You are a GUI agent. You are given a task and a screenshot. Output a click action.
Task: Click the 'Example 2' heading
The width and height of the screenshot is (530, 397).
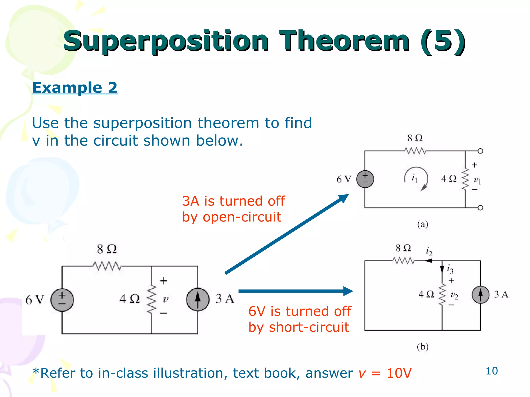(x=75, y=88)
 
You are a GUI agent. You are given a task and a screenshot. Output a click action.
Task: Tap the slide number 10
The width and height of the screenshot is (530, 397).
(x=491, y=371)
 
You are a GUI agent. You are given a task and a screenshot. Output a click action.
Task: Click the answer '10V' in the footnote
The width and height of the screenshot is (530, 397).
(x=399, y=373)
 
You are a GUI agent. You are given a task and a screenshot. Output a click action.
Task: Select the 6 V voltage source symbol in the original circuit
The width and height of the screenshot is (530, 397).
(x=62, y=300)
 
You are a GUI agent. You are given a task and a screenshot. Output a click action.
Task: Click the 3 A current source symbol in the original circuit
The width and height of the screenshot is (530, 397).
(x=198, y=300)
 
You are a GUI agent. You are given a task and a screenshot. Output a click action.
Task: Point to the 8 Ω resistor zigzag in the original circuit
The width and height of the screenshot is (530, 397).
(x=107, y=266)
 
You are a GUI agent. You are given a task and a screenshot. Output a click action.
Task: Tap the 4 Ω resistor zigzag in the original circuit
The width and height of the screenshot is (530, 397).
(x=152, y=299)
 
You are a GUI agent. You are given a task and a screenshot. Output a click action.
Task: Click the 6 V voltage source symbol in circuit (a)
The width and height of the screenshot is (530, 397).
(x=365, y=179)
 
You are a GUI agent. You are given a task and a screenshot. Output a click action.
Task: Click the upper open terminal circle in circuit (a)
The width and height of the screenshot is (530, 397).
(x=480, y=151)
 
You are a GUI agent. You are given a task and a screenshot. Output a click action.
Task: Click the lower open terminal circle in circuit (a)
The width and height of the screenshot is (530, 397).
(x=480, y=208)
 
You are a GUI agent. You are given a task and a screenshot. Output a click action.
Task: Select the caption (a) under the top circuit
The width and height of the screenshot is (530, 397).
(x=423, y=224)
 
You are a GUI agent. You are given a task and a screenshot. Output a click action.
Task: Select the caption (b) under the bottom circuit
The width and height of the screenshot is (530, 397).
(x=423, y=347)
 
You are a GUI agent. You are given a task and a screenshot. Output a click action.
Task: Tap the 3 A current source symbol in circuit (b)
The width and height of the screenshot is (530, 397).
(x=481, y=295)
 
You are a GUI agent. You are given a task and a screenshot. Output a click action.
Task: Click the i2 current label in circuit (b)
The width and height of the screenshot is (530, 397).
(x=429, y=251)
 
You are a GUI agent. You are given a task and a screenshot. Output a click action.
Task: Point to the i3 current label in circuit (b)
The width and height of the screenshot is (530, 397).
(x=450, y=269)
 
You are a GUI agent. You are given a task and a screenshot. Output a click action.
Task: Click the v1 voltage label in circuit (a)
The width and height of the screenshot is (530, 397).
(x=477, y=180)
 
